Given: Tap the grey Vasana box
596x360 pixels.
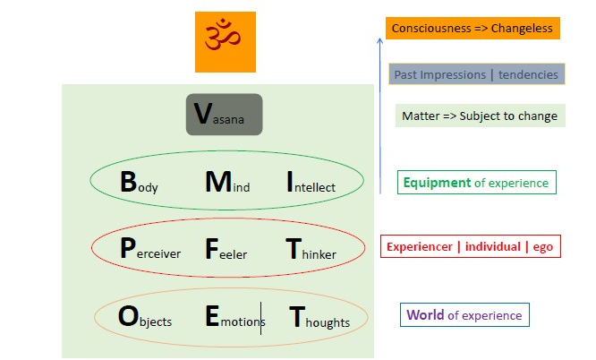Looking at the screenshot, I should [x=224, y=115].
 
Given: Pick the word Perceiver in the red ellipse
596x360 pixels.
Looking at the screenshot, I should [x=149, y=250].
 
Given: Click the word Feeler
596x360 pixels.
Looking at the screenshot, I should [x=226, y=250].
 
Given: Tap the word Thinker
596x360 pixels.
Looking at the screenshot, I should [x=311, y=250].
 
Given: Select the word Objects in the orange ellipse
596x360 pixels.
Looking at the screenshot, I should [x=145, y=318].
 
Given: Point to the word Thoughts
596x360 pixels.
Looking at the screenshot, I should [x=319, y=318].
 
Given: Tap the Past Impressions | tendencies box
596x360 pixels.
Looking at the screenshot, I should [x=476, y=74].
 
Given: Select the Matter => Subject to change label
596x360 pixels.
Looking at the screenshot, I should [x=480, y=116].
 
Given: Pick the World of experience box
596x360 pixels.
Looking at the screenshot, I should [x=464, y=315].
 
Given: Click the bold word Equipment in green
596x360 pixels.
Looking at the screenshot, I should [x=437, y=183].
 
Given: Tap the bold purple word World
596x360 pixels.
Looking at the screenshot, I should [x=426, y=315].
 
